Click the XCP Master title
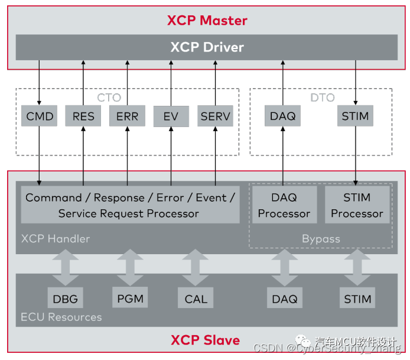[207, 21]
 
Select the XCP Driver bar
[207, 47]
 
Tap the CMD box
[40, 116]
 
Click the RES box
[83, 116]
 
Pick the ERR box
[127, 116]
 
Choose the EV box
[171, 116]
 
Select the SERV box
[215, 116]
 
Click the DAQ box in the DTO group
[283, 116]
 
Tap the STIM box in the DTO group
[356, 116]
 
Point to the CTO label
[109, 98]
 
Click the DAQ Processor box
[284, 205]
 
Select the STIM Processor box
[357, 205]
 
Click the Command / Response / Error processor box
[130, 205]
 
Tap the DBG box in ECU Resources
[66, 299]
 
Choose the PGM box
[131, 298]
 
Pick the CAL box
[196, 299]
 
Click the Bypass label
[321, 239]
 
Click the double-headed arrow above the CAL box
[196, 267]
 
